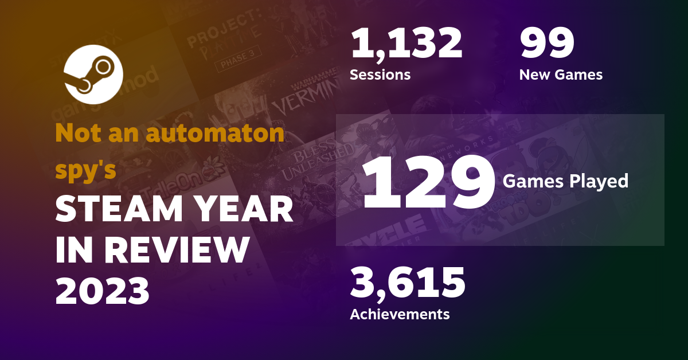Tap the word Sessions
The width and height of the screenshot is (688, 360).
point(380,75)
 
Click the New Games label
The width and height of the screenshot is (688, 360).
point(560,75)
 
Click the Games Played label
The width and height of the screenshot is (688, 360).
point(565,182)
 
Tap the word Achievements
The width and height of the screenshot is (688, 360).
point(400,314)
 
